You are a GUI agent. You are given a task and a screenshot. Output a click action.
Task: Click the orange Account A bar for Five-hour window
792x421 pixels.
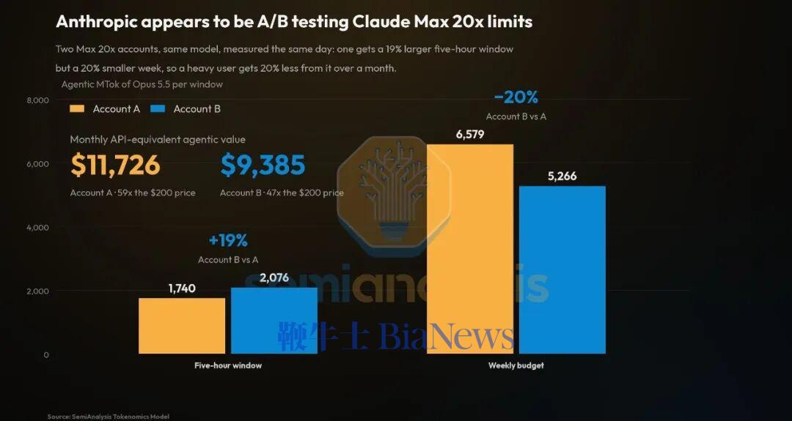[182, 326]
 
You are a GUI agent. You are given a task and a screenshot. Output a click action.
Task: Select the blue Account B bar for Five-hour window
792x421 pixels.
[274, 321]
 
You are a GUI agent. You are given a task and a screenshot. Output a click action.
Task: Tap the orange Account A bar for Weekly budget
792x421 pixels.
[470, 249]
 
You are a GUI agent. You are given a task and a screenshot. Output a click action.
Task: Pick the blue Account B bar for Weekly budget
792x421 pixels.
[562, 269]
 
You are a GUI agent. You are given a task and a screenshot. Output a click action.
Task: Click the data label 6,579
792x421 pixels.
[470, 134]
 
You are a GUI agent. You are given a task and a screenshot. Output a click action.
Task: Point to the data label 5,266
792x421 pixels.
[562, 176]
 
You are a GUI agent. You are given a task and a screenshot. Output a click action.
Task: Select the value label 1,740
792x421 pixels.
[182, 288]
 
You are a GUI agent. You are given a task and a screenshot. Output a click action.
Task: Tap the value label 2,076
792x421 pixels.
[274, 277]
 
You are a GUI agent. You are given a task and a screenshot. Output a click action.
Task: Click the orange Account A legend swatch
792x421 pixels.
[78, 109]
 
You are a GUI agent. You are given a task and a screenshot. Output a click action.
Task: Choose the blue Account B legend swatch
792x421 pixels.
[158, 109]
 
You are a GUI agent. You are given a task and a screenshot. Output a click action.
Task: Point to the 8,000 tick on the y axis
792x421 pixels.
[38, 100]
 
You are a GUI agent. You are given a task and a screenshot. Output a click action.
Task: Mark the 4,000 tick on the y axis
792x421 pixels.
[38, 228]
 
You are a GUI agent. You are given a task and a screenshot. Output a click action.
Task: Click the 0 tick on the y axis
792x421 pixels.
[46, 354]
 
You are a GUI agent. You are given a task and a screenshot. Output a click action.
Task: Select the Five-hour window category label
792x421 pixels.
[228, 365]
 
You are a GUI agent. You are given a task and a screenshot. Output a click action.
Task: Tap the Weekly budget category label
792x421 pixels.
[516, 365]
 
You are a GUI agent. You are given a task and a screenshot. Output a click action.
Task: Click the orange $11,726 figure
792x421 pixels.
[115, 165]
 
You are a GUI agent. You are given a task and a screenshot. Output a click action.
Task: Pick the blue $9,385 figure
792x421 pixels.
[263, 165]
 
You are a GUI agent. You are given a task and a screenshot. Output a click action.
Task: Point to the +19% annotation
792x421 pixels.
[228, 240]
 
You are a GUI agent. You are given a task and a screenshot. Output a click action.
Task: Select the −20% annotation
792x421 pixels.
[516, 97]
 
